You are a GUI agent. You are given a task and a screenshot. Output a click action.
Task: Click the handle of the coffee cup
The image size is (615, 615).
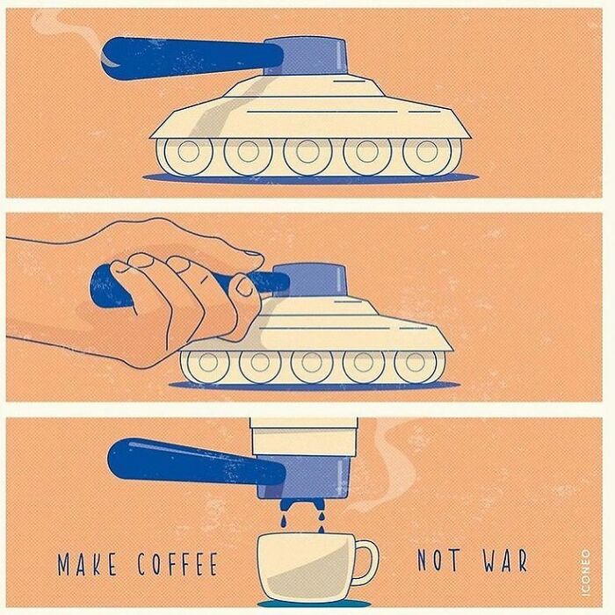click(367, 563)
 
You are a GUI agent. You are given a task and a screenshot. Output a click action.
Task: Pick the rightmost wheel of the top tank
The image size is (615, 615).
click(430, 156)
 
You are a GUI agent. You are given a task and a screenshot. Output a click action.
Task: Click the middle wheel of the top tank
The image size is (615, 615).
click(307, 156)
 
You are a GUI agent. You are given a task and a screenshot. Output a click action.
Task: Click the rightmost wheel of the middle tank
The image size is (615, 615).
click(416, 365)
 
